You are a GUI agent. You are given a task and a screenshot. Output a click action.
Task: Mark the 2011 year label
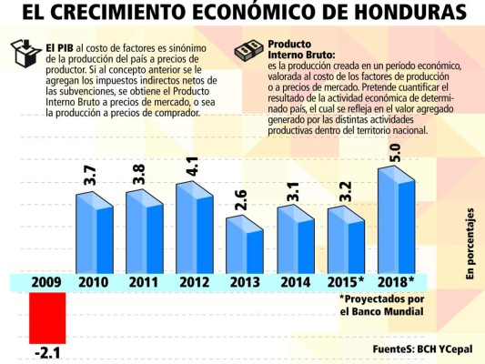click(145, 282)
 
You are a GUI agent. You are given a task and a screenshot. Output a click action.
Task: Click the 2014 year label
click(295, 282)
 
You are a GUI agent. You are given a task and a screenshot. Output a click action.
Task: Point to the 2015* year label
click(347, 282)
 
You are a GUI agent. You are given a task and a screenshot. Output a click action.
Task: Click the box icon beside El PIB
click(24, 56)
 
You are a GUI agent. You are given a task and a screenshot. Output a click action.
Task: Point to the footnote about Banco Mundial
click(381, 305)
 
